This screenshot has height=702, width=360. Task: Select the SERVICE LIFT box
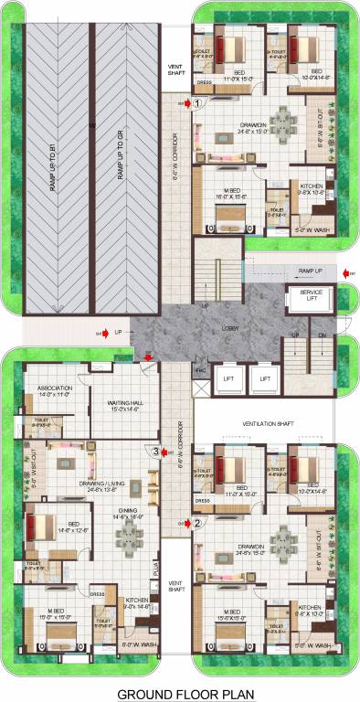[x=309, y=297]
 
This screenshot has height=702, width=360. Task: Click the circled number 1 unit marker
[x=196, y=104]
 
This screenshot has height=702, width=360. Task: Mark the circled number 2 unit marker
[x=196, y=524]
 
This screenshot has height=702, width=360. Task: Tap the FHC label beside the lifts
[x=200, y=368]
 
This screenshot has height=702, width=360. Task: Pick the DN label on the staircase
[x=321, y=335]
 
